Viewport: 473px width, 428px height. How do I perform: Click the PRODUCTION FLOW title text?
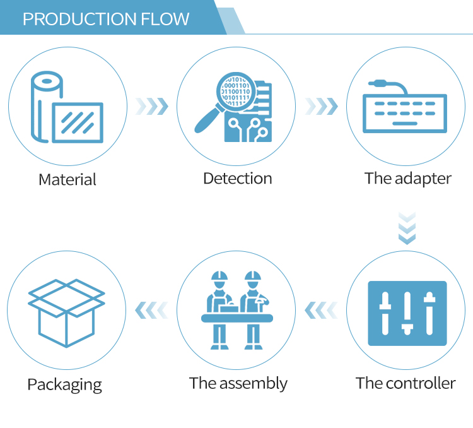pos(106,18)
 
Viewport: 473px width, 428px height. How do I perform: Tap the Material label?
pos(67,179)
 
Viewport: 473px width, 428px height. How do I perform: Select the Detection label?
pos(237,179)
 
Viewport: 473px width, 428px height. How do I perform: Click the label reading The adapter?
pos(407,179)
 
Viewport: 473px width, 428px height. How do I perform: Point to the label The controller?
pos(406,383)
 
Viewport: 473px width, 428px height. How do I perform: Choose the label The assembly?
pos(238,383)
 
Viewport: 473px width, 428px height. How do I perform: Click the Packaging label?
pos(64,384)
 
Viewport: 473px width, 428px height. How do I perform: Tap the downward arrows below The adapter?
pos(407,229)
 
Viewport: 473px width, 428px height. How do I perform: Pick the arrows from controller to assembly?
pos(321,310)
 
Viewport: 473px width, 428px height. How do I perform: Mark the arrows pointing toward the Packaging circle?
pos(152,310)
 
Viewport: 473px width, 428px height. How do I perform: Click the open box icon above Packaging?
pos(66,313)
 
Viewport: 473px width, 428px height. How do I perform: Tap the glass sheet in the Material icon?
pos(78,122)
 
